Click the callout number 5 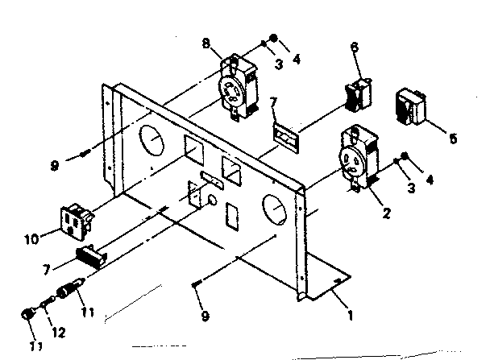(x=453, y=139)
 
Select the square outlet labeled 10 (x=75, y=221)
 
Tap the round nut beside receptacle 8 (x=275, y=38)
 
